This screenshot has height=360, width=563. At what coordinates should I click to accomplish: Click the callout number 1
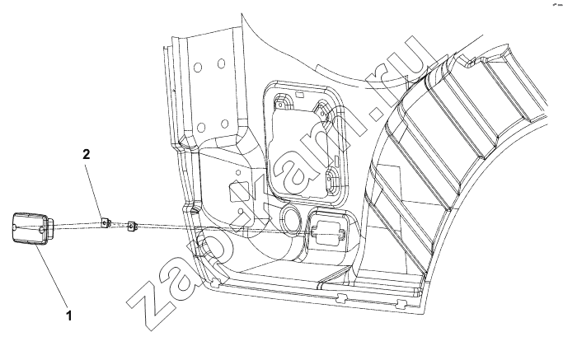tap(69, 316)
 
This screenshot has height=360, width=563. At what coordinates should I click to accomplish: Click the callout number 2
tap(87, 154)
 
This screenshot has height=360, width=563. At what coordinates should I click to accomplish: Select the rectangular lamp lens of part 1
tap(30, 229)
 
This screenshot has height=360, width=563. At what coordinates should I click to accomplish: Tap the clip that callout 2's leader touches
tap(106, 223)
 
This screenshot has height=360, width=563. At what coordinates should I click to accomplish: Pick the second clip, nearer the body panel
tap(132, 227)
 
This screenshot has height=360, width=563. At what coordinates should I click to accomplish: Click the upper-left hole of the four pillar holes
tap(198, 67)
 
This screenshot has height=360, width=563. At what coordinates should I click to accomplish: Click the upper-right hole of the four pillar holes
tap(221, 64)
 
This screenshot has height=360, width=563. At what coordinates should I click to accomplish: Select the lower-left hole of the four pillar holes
tap(201, 127)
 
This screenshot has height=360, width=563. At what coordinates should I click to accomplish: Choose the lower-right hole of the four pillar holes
tap(225, 124)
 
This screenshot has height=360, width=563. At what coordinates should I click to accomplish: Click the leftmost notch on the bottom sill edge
tap(215, 283)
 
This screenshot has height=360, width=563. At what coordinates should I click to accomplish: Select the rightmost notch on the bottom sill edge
tap(401, 304)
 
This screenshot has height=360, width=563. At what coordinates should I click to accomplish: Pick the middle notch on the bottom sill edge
tap(342, 297)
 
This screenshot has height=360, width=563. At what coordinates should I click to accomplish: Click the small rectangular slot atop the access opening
tap(298, 94)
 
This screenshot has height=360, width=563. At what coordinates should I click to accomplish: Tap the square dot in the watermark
tap(379, 112)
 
